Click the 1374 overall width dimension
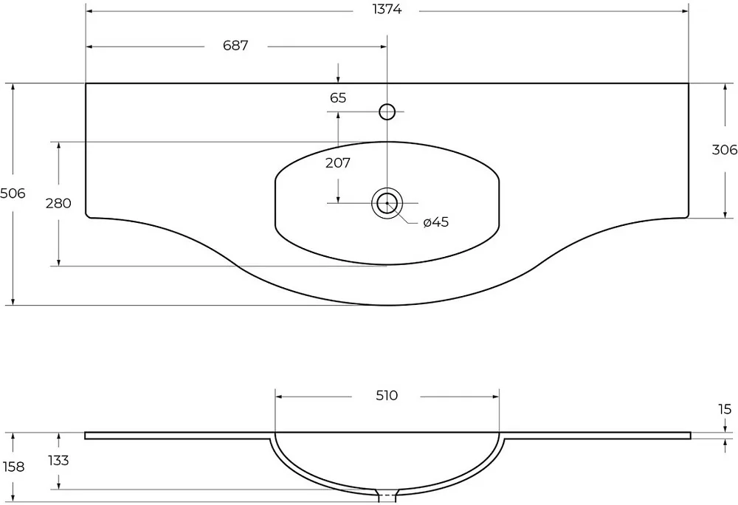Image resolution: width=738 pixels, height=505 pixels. tap(387, 10)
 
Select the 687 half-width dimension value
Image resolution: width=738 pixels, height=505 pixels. tap(235, 46)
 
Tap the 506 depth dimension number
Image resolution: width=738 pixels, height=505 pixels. tap(13, 193)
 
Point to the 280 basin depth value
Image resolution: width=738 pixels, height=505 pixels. tap(58, 203)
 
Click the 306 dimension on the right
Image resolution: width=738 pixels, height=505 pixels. tap(725, 150)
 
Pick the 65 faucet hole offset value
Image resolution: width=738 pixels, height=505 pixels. tap(338, 98)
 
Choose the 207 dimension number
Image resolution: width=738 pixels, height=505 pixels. tap(338, 163)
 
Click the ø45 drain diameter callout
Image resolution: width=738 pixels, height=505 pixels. tap(436, 221)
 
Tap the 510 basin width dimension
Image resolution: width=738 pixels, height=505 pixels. tap(387, 396)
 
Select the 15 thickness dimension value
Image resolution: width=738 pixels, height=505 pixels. tap(725, 409)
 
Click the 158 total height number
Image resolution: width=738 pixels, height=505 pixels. tap(13, 467)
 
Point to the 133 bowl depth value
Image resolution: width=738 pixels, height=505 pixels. tap(58, 460)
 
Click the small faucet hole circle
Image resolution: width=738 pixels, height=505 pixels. tap(387, 111)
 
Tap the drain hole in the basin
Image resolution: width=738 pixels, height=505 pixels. tap(387, 203)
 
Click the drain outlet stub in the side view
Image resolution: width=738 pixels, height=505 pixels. tap(387, 492)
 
